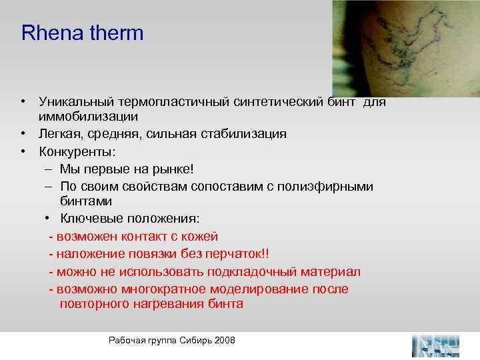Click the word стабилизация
(x=246, y=134)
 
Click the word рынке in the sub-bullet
(x=174, y=169)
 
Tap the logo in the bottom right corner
(x=436, y=345)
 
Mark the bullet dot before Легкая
(x=23, y=135)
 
